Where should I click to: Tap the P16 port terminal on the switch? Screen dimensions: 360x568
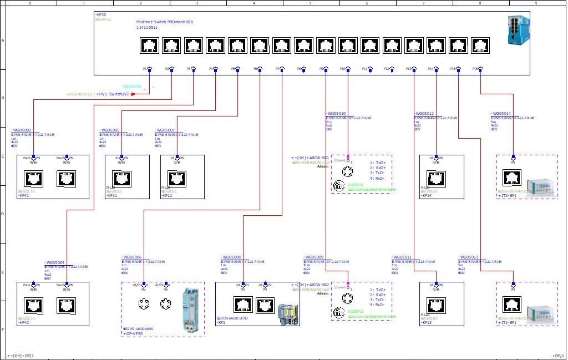480,69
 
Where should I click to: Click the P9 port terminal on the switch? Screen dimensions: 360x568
326,69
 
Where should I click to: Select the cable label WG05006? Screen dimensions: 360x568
132,257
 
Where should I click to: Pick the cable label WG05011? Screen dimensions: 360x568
403,257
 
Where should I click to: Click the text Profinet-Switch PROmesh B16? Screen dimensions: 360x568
165,22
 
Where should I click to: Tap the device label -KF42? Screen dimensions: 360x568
24,322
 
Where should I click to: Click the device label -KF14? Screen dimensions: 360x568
427,195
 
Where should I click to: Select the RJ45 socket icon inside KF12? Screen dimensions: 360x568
177,179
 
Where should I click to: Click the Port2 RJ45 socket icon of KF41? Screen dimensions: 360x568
66,179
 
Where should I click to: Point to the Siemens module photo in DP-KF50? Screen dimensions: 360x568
191,311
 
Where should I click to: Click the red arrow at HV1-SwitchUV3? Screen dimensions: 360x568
132,94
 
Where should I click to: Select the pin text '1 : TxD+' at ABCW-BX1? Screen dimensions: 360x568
378,163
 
